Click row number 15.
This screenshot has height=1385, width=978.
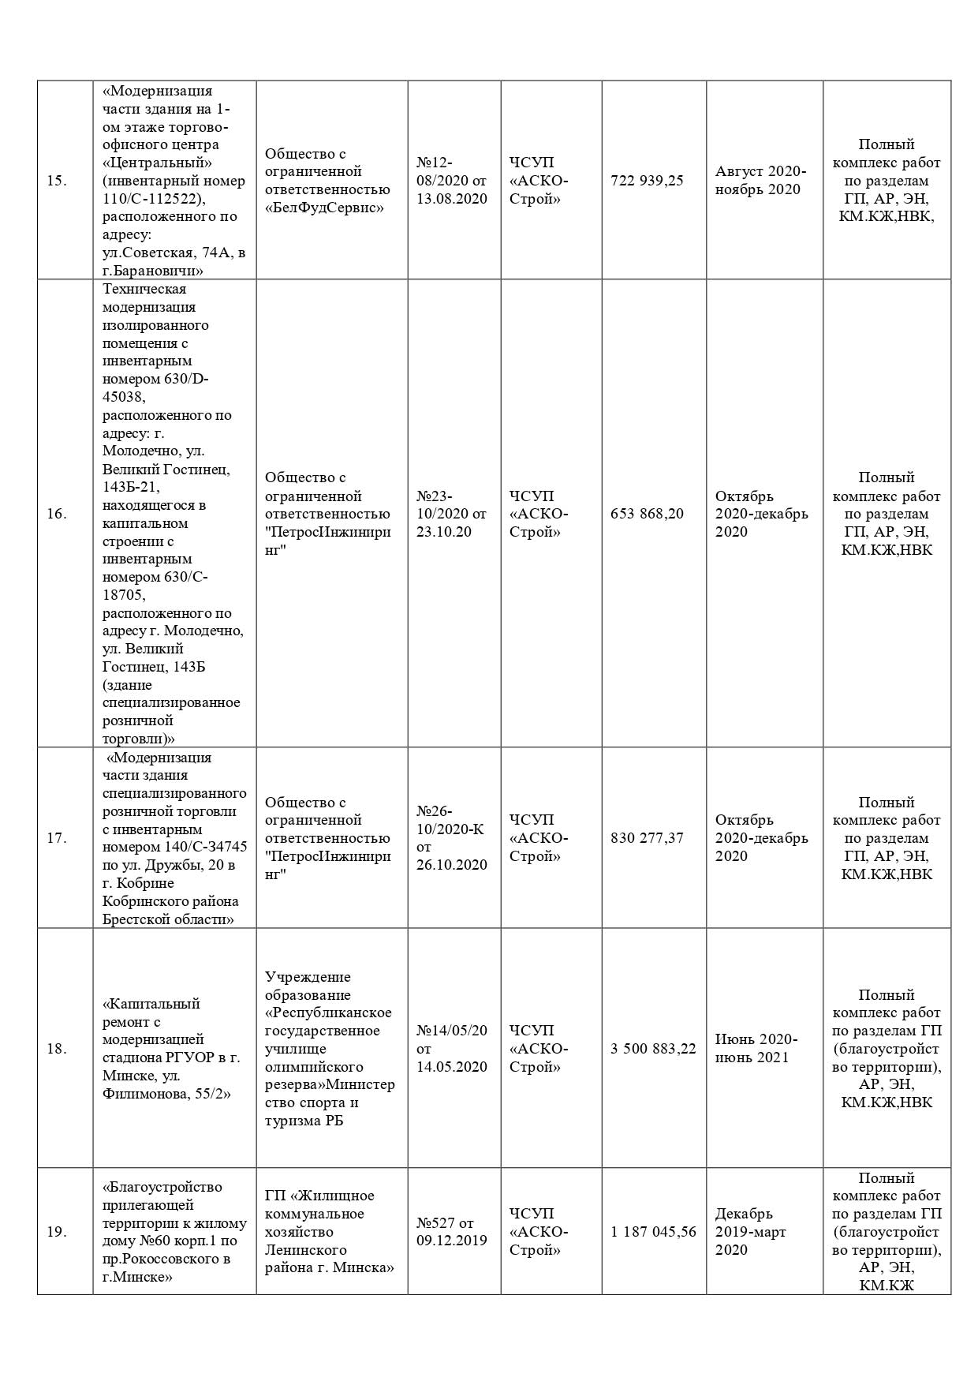[56, 181]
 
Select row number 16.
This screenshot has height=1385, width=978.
[56, 514]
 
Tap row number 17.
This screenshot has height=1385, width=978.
[56, 838]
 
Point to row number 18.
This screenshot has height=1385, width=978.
[56, 1049]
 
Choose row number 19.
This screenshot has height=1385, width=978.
[56, 1232]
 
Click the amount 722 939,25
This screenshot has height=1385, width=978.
[647, 181]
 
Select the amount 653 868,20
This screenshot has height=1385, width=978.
[647, 514]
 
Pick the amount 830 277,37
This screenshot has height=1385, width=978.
[647, 838]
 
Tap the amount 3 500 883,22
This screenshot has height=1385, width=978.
[653, 1049]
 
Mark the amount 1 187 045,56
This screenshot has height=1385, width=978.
[653, 1232]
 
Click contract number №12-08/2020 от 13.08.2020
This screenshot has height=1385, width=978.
[452, 181]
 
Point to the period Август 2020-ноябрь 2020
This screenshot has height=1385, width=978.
[760, 181]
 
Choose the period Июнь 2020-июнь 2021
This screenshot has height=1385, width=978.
[756, 1049]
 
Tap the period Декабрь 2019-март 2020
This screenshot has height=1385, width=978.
[750, 1232]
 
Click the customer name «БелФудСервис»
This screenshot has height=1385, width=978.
[324, 208]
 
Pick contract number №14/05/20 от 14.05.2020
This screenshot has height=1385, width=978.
[452, 1049]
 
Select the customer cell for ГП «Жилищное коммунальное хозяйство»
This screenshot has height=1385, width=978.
[330, 1232]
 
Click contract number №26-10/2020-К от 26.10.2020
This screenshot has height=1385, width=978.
[452, 838]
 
